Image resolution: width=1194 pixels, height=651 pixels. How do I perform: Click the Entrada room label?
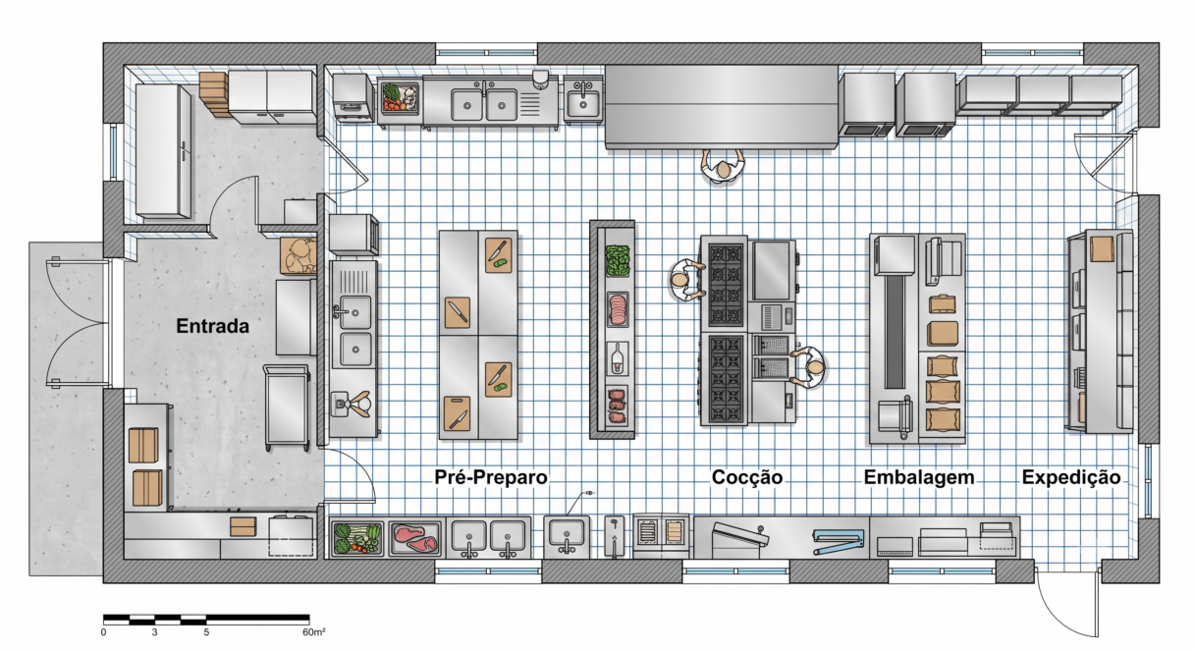(213, 326)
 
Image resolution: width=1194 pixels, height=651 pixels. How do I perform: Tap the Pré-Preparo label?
(490, 477)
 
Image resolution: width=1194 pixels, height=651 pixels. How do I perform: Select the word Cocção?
(747, 477)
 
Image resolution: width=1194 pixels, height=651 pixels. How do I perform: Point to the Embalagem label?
(919, 477)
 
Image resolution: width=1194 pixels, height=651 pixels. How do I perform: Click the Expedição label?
(1071, 477)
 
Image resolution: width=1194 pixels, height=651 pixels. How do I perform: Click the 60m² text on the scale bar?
(314, 631)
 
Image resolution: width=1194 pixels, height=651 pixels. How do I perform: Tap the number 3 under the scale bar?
(154, 632)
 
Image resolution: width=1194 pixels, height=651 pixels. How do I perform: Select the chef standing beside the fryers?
(807, 367)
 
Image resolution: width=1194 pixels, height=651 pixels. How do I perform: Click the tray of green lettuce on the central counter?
(618, 260)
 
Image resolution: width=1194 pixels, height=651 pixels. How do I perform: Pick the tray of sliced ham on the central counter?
(618, 309)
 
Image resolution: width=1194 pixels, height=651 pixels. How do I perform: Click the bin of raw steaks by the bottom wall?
(415, 538)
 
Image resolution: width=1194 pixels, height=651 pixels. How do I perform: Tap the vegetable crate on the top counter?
(400, 97)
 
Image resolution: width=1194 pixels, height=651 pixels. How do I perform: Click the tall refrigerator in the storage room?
(163, 151)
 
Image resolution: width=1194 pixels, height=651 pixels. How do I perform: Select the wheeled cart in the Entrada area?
(287, 407)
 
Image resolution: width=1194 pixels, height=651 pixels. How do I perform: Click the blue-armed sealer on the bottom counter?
(838, 542)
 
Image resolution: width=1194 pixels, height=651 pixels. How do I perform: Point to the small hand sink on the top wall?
(582, 101)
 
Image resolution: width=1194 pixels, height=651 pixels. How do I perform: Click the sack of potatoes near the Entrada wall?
(298, 256)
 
